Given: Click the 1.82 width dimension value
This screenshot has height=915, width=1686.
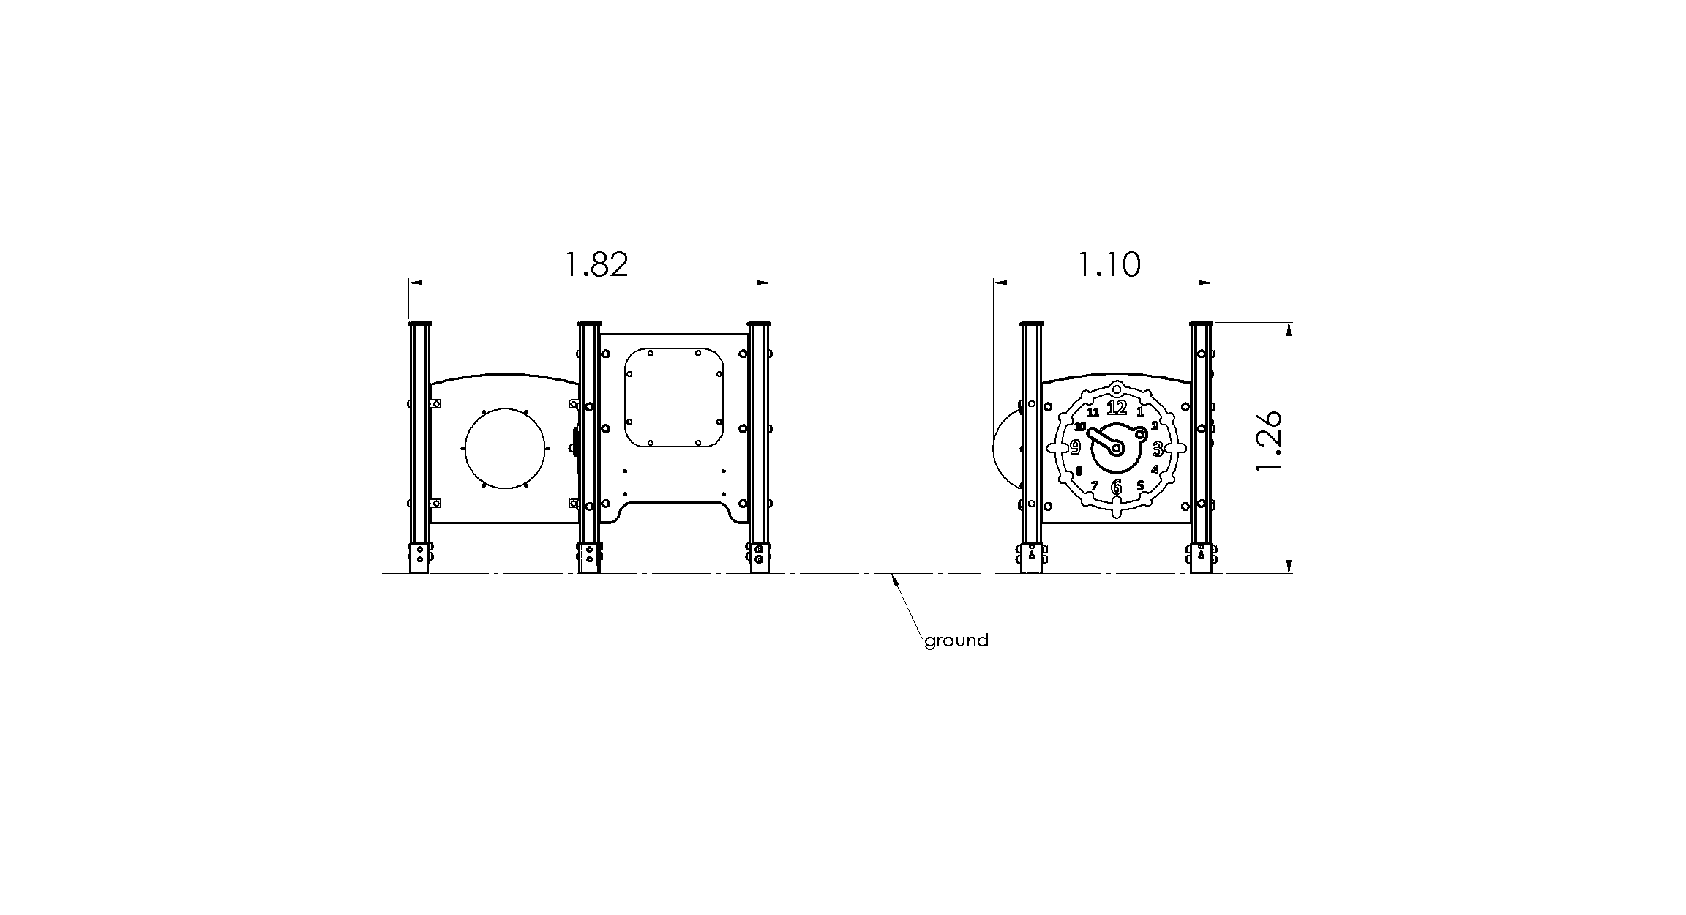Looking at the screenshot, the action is tap(597, 264).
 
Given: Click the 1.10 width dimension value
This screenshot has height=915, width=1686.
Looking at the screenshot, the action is tap(1109, 264).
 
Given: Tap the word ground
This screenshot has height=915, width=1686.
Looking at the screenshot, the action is tap(956, 641).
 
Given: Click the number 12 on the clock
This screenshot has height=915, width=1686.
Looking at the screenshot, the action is tap(1117, 408).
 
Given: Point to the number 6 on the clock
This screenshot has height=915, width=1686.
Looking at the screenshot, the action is tap(1116, 487).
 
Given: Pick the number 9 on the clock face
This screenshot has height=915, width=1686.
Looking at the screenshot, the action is tap(1075, 447).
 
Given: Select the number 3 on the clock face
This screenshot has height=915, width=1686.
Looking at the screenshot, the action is tap(1157, 448).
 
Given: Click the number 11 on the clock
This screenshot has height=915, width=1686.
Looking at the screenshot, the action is tap(1093, 412).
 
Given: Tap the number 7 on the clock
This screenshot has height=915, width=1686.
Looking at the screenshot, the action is tap(1094, 486).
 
